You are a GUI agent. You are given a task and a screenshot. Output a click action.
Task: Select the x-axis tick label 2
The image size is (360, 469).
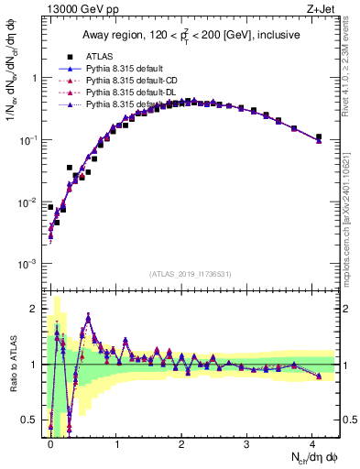pyautogui.click(x=181, y=444)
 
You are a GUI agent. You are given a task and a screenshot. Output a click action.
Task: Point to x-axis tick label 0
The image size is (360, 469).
pyautogui.click(x=51, y=444)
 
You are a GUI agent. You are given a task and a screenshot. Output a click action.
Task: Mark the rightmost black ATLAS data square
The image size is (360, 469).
pyautogui.click(x=319, y=137)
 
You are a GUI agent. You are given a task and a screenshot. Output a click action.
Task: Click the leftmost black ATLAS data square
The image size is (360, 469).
pyautogui.click(x=50, y=207)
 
